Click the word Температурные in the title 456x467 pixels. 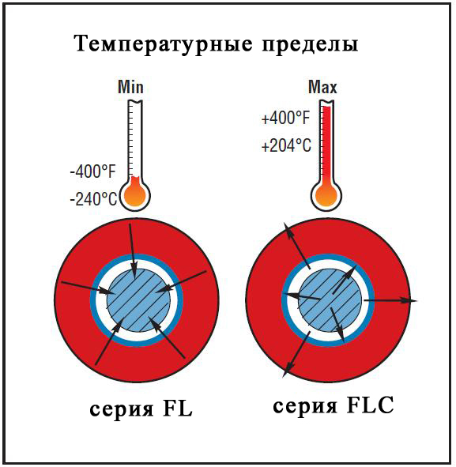pyautogui.click(x=164, y=44)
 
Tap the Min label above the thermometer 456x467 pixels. pyautogui.click(x=130, y=87)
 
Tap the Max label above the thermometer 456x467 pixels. pyautogui.click(x=322, y=87)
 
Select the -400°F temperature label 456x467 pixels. pyautogui.click(x=92, y=171)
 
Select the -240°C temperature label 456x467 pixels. pyautogui.click(x=93, y=198)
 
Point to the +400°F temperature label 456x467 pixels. pyautogui.click(x=285, y=119)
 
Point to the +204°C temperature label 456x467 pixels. pyautogui.click(x=286, y=146)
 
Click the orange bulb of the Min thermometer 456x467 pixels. pyautogui.click(x=135, y=195)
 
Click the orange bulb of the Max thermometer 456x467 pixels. pyautogui.click(x=326, y=195)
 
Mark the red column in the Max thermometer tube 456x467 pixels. pyautogui.click(x=326, y=145)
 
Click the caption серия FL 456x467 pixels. pyautogui.click(x=141, y=409)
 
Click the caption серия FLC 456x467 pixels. pyautogui.click(x=334, y=405)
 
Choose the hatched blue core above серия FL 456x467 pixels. pyautogui.click(x=138, y=300)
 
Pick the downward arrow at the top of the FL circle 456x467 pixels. pyautogui.click(x=132, y=250)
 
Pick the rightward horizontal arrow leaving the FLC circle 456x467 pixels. pyautogui.click(x=390, y=300)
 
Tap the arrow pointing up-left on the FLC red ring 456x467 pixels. pyautogui.click(x=297, y=246)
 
